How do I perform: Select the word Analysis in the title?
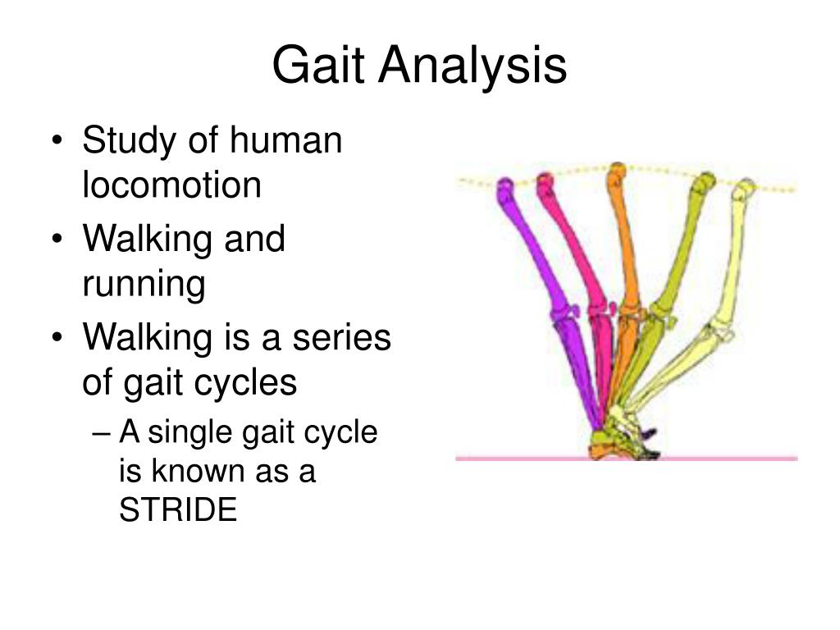(x=472, y=66)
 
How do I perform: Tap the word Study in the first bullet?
(x=126, y=141)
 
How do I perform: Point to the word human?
(x=285, y=141)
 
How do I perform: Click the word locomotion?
(x=171, y=185)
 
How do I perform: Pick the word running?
(x=144, y=285)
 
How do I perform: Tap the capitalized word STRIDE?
(x=178, y=511)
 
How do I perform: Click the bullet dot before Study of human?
(x=66, y=143)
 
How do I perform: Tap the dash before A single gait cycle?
(x=107, y=433)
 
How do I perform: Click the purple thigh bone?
(x=529, y=246)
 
